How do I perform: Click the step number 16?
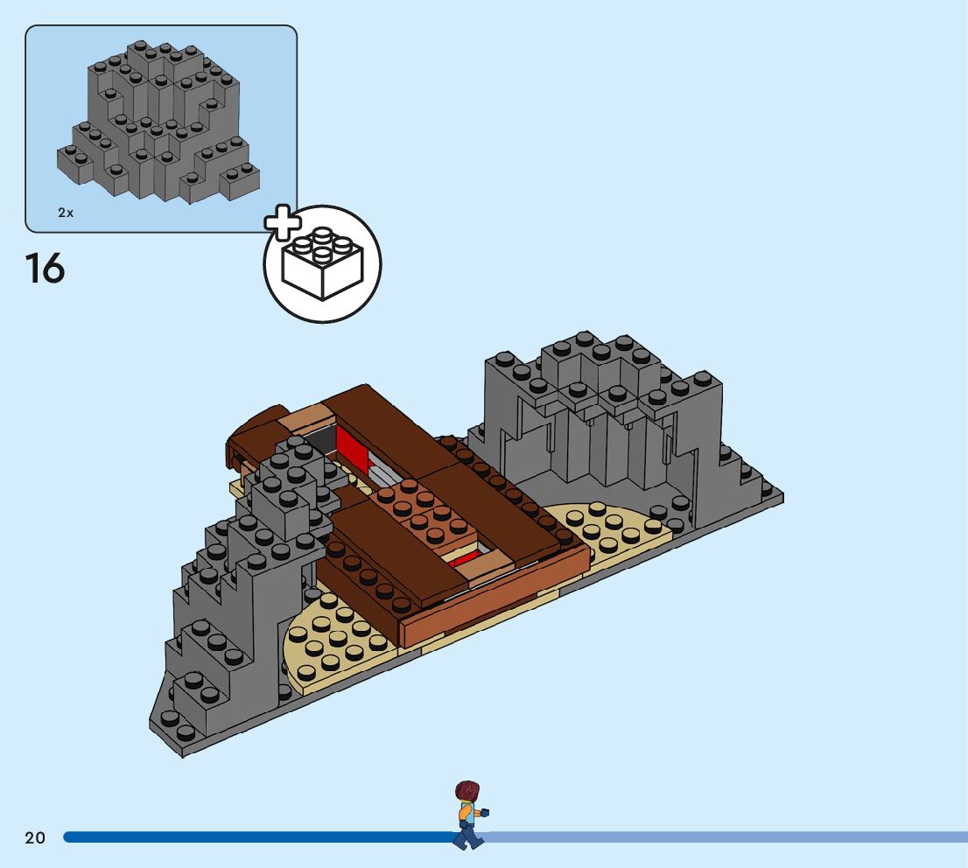pos(45,268)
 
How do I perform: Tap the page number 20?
pos(35,838)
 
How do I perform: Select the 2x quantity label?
pos(66,213)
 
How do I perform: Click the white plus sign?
pos(282,225)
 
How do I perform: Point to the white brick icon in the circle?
pos(323,265)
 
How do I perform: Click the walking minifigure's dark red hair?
pos(467,791)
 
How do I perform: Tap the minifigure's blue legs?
pos(467,836)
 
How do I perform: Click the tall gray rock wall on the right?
pos(604,420)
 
